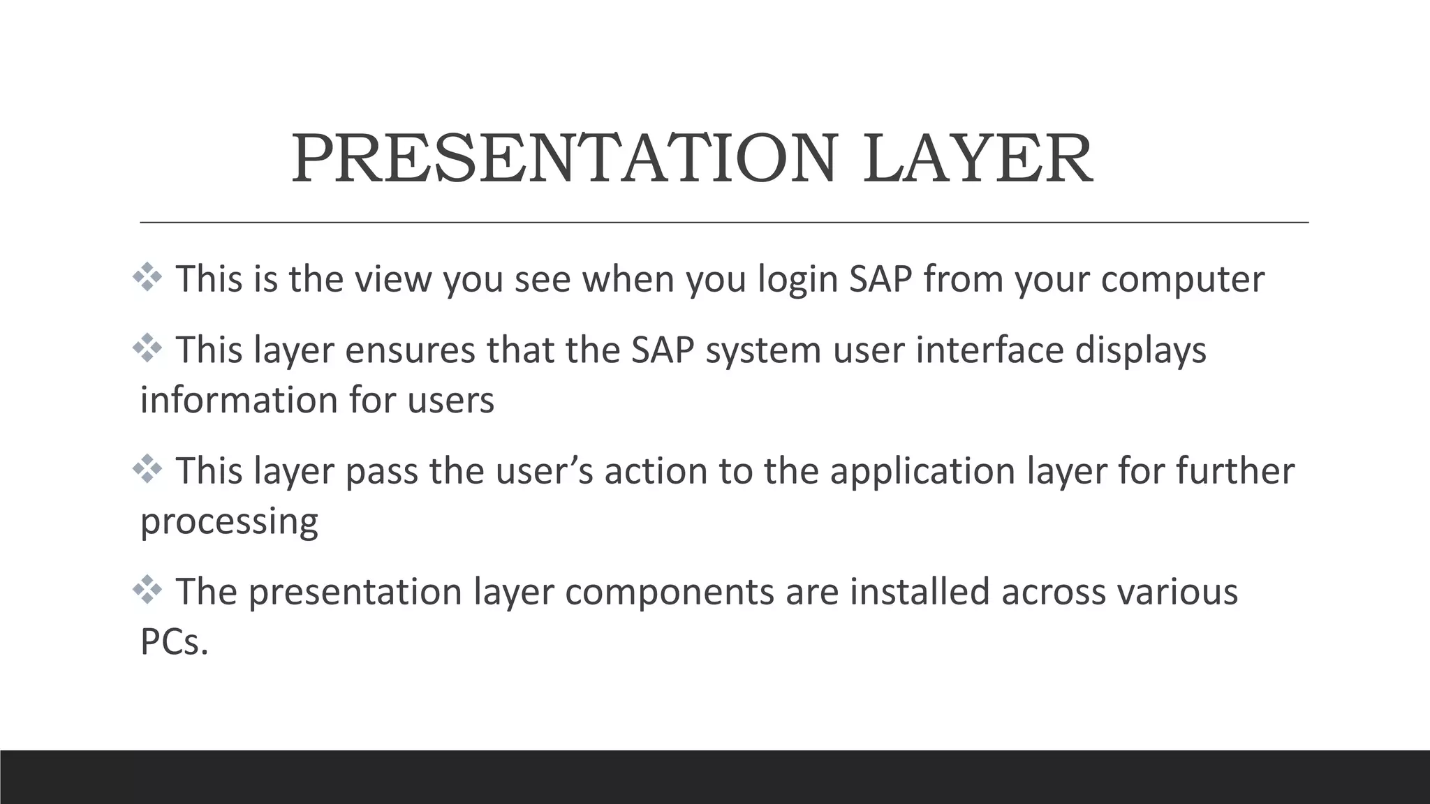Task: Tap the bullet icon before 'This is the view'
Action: (147, 278)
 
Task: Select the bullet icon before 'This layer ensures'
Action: (147, 348)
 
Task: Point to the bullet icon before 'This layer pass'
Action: (147, 470)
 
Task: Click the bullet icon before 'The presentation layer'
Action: (147, 590)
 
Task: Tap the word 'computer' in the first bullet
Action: (1182, 279)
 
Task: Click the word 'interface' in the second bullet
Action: (989, 350)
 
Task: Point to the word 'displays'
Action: (1140, 350)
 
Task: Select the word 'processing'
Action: (229, 522)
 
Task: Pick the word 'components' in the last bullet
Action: (669, 592)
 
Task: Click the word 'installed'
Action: (920, 592)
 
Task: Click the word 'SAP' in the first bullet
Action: (880, 279)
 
